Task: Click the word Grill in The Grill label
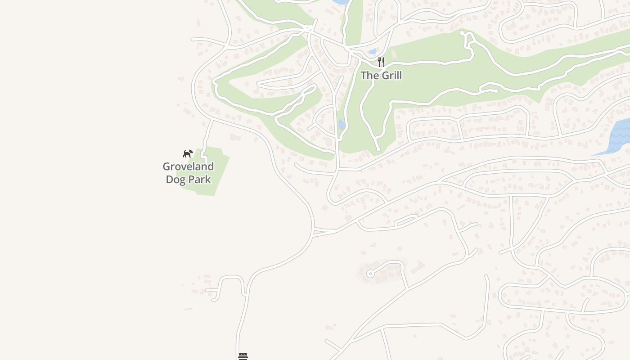pyautogui.click(x=391, y=76)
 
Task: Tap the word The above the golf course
pyautogui.click(x=369, y=76)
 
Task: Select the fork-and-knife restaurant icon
pyautogui.click(x=381, y=62)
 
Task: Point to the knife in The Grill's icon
pyautogui.click(x=383, y=62)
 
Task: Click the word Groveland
pyautogui.click(x=188, y=166)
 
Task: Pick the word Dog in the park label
pyautogui.click(x=175, y=179)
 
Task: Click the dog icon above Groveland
pyautogui.click(x=188, y=153)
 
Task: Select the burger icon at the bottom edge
pyautogui.click(x=243, y=356)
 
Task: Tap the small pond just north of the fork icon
pyautogui.click(x=372, y=52)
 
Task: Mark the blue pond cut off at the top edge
pyautogui.click(x=341, y=2)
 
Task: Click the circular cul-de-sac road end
pyautogui.click(x=370, y=274)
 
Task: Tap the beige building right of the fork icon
pyautogui.click(x=394, y=54)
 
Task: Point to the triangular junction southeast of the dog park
pyautogui.click(x=323, y=232)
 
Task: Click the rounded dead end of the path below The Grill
pyautogui.click(x=378, y=148)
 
